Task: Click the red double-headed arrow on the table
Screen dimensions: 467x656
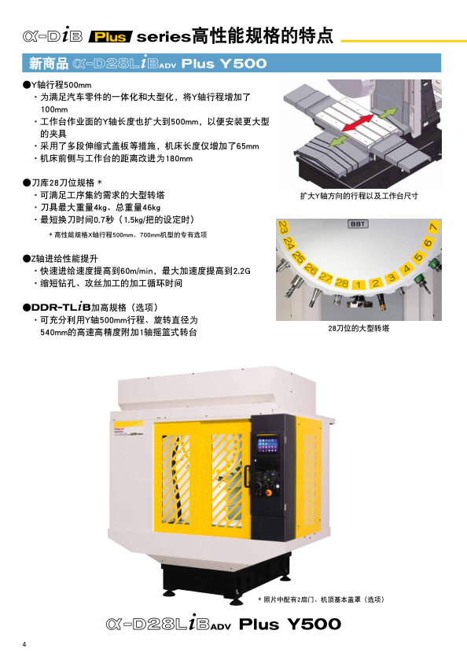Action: click(358, 123)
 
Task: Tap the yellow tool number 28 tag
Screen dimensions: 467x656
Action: click(341, 283)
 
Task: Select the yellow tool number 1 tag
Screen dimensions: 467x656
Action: click(358, 285)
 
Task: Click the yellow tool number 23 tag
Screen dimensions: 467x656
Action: click(283, 227)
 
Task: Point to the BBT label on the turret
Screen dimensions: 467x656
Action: click(358, 224)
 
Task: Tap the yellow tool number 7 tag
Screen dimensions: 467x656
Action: click(433, 227)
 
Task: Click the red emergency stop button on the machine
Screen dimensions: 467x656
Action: click(268, 493)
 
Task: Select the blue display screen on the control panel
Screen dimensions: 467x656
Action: click(267, 445)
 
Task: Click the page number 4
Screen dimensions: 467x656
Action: click(24, 644)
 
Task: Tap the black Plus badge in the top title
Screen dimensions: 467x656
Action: click(110, 37)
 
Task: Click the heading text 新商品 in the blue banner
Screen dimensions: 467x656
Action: click(49, 64)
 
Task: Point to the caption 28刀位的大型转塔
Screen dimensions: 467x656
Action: click(359, 329)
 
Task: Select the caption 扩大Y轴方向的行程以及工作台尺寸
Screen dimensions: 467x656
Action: click(359, 196)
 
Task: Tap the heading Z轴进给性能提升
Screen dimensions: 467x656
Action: click(64, 259)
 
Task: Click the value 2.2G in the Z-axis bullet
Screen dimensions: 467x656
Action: click(241, 271)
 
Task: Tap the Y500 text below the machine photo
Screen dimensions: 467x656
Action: click(314, 625)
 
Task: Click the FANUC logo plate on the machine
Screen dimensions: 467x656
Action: click(128, 429)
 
